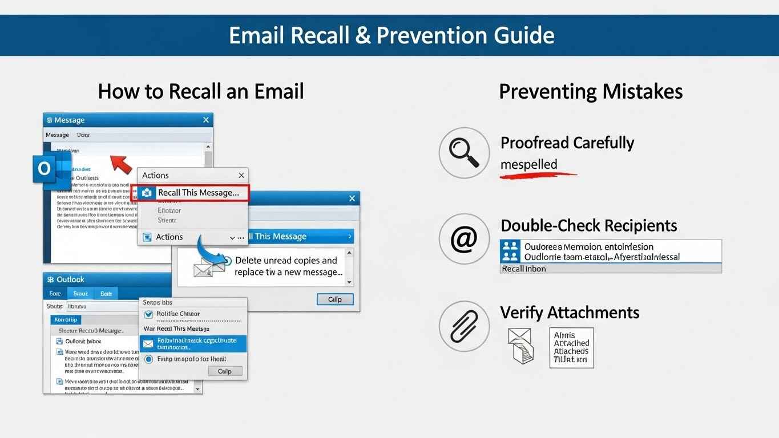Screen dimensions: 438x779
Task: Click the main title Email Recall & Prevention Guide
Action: (391, 35)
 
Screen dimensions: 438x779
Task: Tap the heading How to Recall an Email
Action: (201, 91)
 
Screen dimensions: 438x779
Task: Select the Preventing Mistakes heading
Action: (591, 91)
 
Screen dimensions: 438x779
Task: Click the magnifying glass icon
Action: (464, 153)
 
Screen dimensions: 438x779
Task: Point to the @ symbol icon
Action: (464, 240)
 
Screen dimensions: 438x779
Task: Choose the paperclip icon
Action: (464, 326)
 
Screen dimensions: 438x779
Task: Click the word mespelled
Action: (528, 165)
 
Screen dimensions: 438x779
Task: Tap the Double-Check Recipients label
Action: (588, 225)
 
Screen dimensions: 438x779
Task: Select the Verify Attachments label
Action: (570, 313)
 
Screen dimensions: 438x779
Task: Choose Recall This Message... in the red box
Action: (197, 193)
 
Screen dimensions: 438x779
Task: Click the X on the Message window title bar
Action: (206, 120)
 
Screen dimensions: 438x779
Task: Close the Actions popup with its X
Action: (241, 176)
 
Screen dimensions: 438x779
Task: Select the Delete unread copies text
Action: (286, 261)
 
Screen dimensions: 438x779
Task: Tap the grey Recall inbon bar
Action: (611, 269)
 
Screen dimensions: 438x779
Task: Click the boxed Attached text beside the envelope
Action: (571, 347)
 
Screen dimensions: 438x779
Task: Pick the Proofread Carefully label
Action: (567, 143)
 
